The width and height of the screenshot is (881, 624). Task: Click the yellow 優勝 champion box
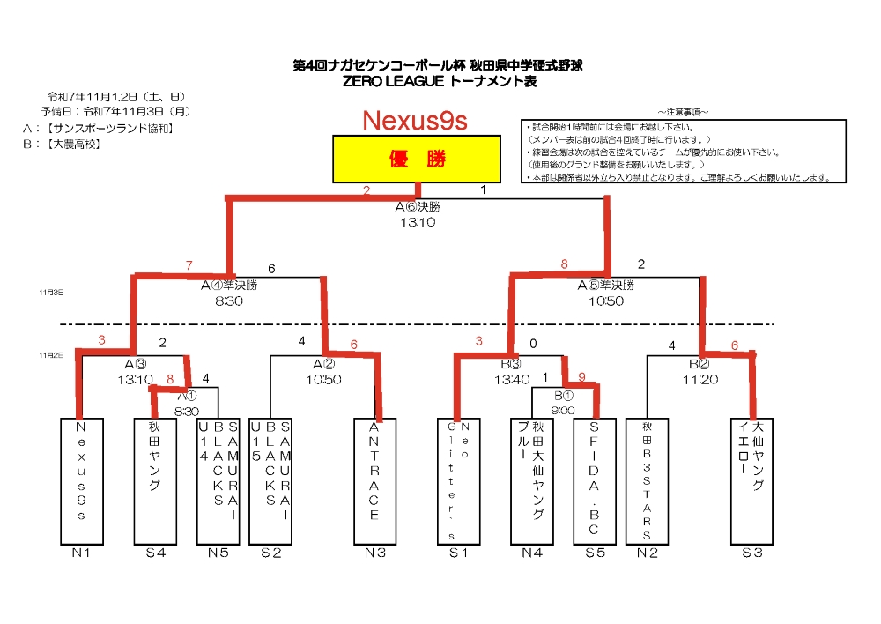[x=418, y=160]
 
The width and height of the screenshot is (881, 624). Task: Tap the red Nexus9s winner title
[x=414, y=121]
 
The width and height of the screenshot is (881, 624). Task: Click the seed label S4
[x=155, y=553]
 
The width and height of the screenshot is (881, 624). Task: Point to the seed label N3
[x=375, y=553]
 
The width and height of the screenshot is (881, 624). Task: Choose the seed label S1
[x=458, y=553]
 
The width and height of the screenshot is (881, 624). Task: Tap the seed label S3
[x=751, y=553]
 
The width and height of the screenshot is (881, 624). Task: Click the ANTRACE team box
[x=374, y=480]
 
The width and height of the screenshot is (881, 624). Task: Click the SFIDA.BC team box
[x=595, y=480]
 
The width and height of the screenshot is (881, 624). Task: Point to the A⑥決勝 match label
[x=418, y=207]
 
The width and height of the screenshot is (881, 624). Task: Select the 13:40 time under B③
[x=512, y=380]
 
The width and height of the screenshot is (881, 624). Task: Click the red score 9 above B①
[x=581, y=375]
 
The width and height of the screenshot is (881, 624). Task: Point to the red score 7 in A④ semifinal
[x=189, y=265]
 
